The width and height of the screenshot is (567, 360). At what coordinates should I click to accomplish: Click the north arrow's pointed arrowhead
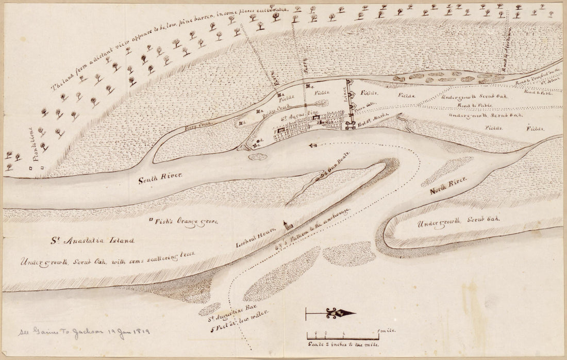coord(351,313)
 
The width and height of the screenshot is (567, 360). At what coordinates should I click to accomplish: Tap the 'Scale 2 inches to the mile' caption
coord(343,344)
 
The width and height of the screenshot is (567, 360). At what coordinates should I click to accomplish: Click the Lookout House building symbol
coord(285,225)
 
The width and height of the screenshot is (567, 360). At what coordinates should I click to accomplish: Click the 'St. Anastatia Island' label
coord(92,240)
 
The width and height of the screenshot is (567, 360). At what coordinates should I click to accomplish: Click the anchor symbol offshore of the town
coord(312,145)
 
